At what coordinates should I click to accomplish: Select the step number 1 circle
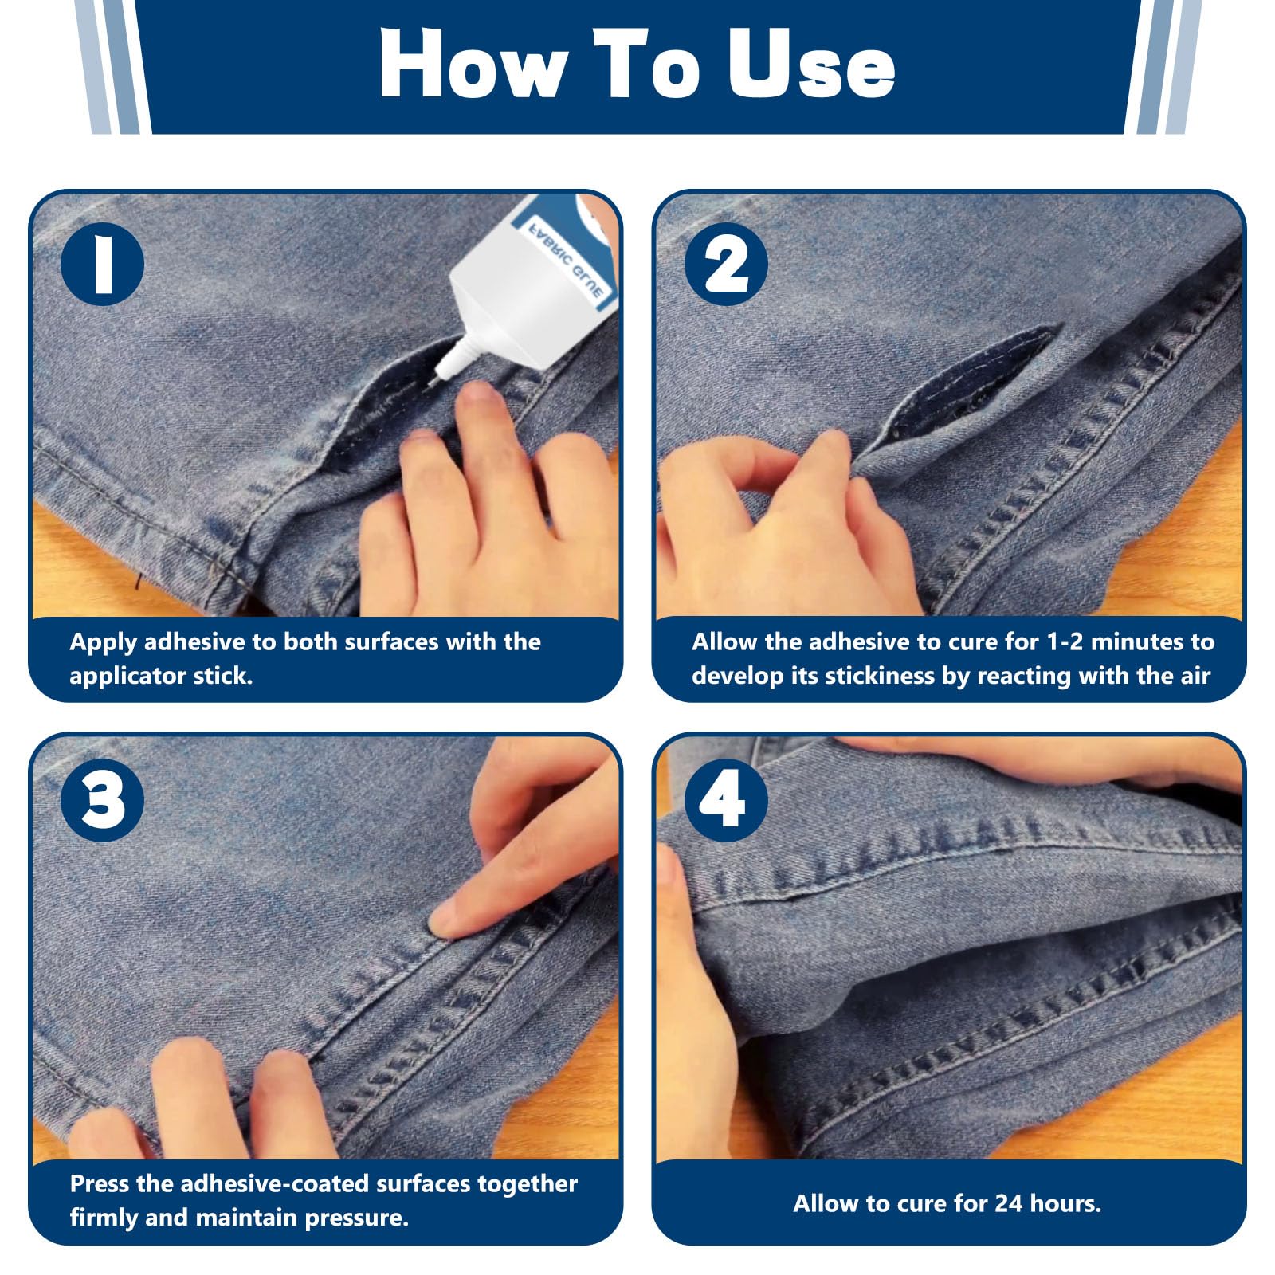point(103,264)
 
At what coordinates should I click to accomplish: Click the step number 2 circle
point(726,264)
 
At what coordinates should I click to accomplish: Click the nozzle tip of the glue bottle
point(437,381)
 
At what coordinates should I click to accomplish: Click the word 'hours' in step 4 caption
point(1065,1203)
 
